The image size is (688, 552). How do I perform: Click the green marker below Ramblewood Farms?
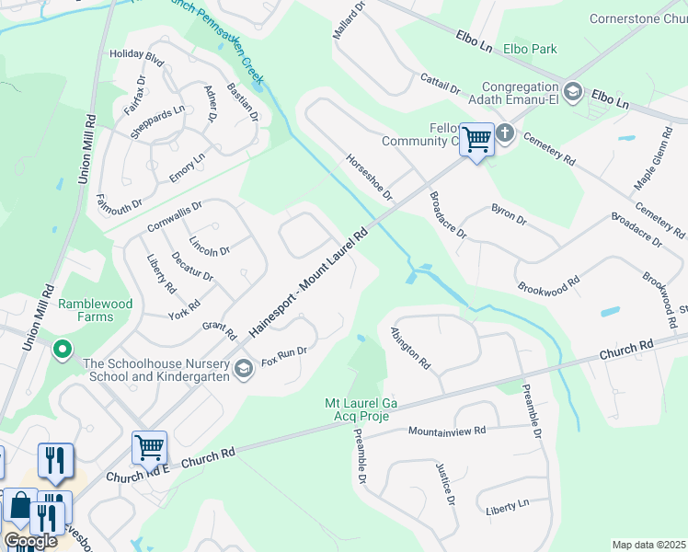click(62, 350)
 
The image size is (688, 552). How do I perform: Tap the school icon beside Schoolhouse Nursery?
click(244, 369)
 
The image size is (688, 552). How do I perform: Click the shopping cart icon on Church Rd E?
click(149, 447)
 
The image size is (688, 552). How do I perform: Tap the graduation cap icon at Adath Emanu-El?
click(573, 90)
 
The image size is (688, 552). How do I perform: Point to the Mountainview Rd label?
click(447, 431)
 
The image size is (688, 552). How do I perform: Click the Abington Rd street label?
click(410, 348)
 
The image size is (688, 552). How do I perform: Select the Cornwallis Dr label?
click(174, 218)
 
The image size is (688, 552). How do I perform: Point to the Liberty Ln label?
click(507, 504)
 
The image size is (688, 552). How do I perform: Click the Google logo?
click(30, 541)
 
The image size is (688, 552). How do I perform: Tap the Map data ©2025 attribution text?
click(648, 545)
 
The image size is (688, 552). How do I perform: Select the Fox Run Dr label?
click(283, 353)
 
